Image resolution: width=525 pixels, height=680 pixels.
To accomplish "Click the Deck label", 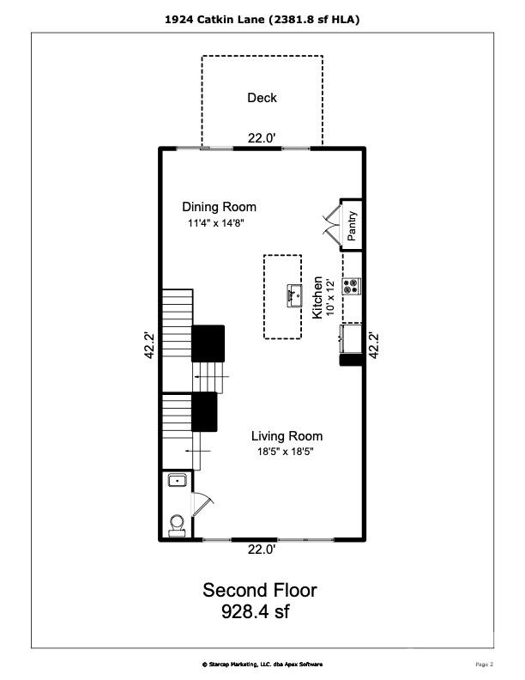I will pyautogui.click(x=262, y=98).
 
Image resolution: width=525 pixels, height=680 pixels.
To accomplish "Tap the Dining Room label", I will pyautogui.click(x=219, y=207).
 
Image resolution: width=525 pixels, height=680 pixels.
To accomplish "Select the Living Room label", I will pyautogui.click(x=287, y=436).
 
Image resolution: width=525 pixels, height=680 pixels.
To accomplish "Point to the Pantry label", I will pyautogui.click(x=352, y=225).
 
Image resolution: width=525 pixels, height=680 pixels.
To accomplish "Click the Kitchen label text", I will pyautogui.click(x=317, y=297).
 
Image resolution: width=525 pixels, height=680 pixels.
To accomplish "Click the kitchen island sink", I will pyautogui.click(x=294, y=295).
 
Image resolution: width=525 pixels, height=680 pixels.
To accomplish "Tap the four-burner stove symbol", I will pyautogui.click(x=352, y=286).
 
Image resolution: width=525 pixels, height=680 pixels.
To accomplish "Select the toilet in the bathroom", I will pyautogui.click(x=178, y=522).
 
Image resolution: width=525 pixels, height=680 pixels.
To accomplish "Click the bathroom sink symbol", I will pyautogui.click(x=178, y=481).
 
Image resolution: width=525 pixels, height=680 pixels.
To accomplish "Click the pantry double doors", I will pyautogui.click(x=330, y=221).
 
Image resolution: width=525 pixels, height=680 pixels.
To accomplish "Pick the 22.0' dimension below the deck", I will pyautogui.click(x=262, y=137).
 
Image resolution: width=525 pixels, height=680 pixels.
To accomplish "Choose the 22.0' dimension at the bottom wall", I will pyautogui.click(x=262, y=549).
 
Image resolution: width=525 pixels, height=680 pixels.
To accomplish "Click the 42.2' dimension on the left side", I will pyautogui.click(x=149, y=345).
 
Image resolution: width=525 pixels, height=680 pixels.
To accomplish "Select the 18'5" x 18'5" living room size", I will pyautogui.click(x=287, y=452).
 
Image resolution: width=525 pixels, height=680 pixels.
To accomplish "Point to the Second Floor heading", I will pyautogui.click(x=259, y=591).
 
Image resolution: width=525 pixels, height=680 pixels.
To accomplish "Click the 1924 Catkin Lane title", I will pyautogui.click(x=262, y=18).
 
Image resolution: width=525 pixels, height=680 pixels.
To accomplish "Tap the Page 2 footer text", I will pyautogui.click(x=484, y=664).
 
